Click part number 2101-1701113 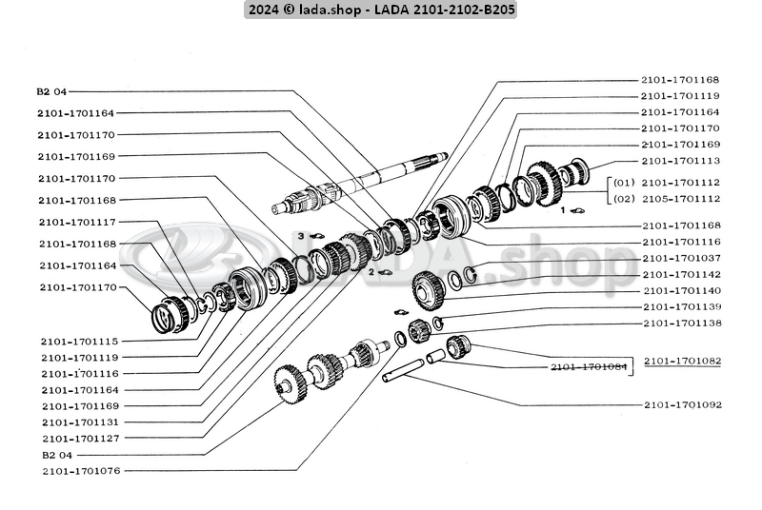(x=680, y=161)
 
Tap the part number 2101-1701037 (x=680, y=258)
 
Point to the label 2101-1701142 (x=680, y=274)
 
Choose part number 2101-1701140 (x=680, y=290)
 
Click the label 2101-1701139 (x=680, y=307)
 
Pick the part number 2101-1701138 (x=680, y=324)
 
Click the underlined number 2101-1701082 (x=682, y=362)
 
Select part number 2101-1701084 (x=589, y=367)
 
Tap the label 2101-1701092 (x=682, y=405)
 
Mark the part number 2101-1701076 (x=79, y=471)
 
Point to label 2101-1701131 (x=79, y=422)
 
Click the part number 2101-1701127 (x=79, y=438)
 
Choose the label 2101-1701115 (x=79, y=341)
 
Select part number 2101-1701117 (x=79, y=222)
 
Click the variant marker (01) (x=623, y=182)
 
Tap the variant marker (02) (x=623, y=198)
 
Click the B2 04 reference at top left (x=52, y=91)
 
